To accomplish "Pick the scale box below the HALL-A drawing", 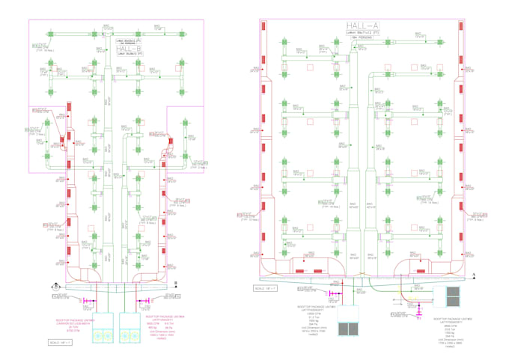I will [x=266, y=287].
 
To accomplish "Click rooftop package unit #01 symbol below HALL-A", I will [x=349, y=329].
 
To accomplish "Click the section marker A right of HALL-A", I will [x=474, y=276].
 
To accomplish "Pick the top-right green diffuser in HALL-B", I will [x=181, y=31].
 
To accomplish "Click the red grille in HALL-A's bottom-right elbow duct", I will [x=421, y=270].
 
